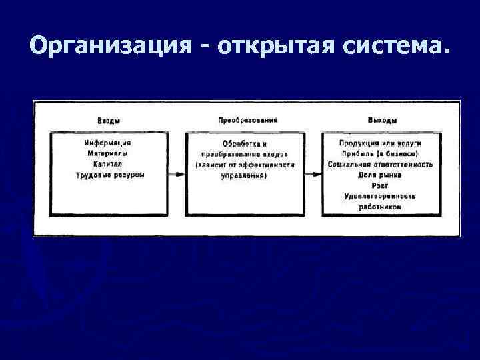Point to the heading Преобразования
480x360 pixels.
point(247,120)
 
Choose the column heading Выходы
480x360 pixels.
point(382,121)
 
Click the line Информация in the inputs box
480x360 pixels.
point(109,143)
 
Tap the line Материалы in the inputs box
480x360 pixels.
point(109,153)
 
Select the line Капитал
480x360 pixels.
point(109,164)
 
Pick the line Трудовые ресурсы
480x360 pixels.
point(109,175)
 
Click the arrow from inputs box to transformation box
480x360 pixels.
point(177,174)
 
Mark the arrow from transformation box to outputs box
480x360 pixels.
point(313,174)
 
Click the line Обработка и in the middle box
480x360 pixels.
point(245,143)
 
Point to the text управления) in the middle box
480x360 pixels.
point(245,175)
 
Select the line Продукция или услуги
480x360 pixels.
point(380,143)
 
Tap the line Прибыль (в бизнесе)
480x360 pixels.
point(380,153)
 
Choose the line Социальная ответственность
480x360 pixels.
point(380,164)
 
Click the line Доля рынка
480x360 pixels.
point(380,175)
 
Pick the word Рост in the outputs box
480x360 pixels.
point(380,185)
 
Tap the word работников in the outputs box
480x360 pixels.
point(380,207)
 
